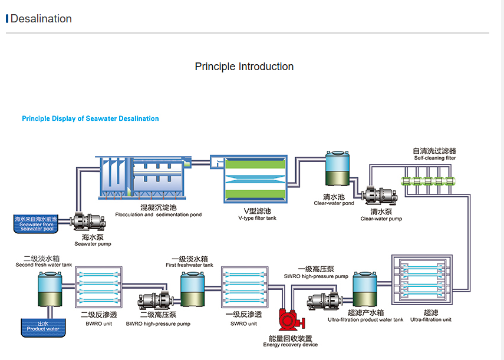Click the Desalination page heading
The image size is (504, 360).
pyautogui.click(x=41, y=19)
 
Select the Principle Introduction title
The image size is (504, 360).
pyautogui.click(x=244, y=67)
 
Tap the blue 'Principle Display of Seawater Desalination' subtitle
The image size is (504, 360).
pyautogui.click(x=90, y=118)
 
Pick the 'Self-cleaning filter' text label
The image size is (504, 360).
pyautogui.click(x=434, y=158)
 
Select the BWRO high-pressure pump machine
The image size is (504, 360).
pyautogui.click(x=154, y=302)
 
